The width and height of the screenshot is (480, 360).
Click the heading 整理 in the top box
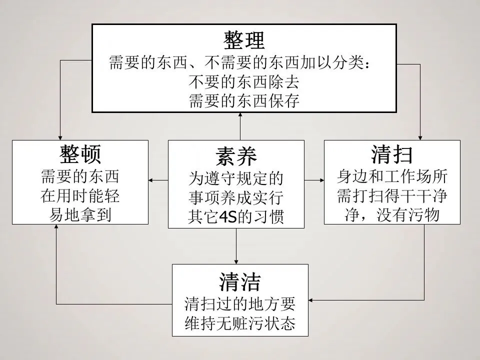click(x=244, y=40)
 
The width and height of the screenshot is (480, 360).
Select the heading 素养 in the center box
click(x=236, y=156)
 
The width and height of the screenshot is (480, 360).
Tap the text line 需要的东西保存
click(x=244, y=101)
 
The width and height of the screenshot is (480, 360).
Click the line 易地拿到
click(x=80, y=214)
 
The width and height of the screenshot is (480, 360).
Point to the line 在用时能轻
click(x=80, y=195)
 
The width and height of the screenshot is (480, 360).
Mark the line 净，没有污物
click(x=392, y=214)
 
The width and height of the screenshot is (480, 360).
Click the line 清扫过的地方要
click(x=240, y=303)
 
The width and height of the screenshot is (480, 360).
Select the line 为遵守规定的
click(x=236, y=178)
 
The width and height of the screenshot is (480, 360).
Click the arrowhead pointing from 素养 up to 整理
click(x=241, y=115)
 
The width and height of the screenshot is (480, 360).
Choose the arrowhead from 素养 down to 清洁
click(x=236, y=261)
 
